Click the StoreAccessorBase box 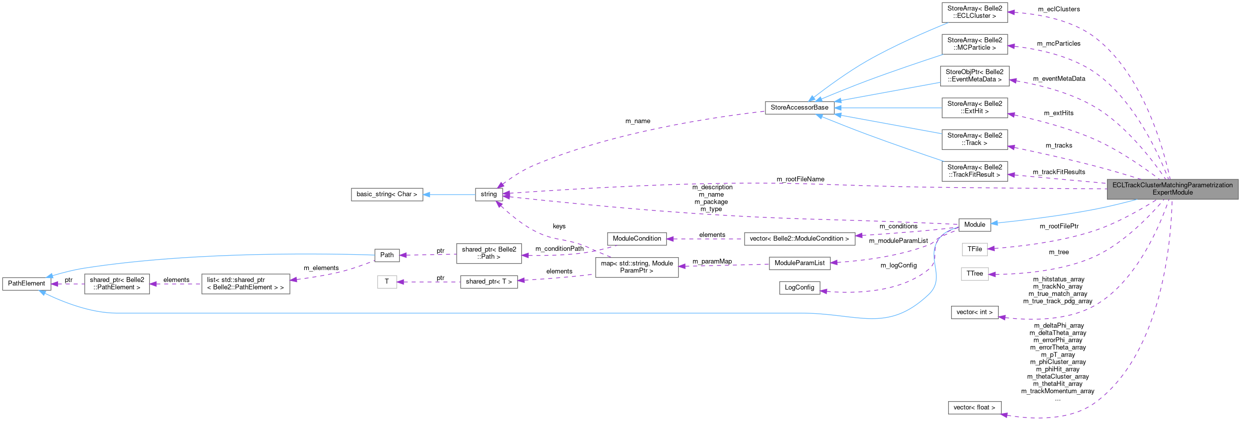(x=799, y=107)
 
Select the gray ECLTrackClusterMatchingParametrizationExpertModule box (x=1172, y=189)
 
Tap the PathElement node (x=26, y=283)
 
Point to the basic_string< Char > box (x=387, y=194)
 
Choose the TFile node (x=974, y=249)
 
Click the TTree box (x=974, y=274)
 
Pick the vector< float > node (x=974, y=408)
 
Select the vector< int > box (x=974, y=312)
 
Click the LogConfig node (x=799, y=287)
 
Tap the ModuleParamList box (x=799, y=263)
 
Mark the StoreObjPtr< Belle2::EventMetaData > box (x=974, y=75)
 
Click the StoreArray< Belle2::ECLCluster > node (x=974, y=12)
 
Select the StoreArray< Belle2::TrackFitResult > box (x=974, y=171)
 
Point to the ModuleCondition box (x=636, y=239)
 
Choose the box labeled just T (x=387, y=282)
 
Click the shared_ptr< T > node (x=488, y=281)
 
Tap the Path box (x=387, y=255)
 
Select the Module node (x=974, y=224)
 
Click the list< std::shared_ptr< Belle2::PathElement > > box (x=245, y=283)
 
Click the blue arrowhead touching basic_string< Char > (x=427, y=194)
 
